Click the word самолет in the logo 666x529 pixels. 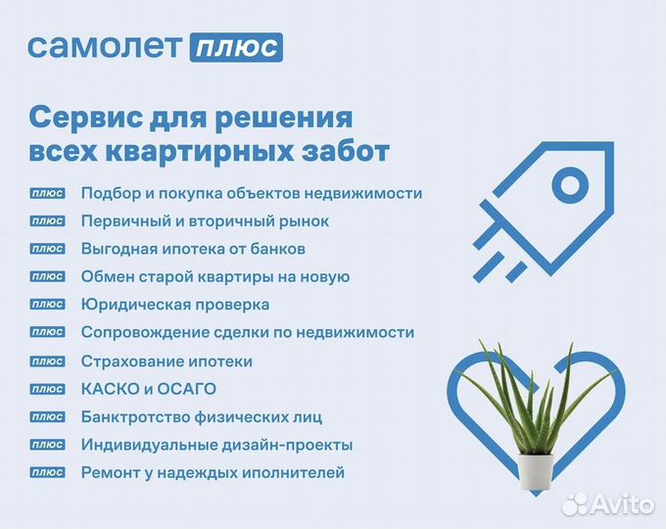click(x=103, y=46)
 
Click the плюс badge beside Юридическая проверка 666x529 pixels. click(x=48, y=305)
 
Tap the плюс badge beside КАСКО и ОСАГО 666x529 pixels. click(x=48, y=389)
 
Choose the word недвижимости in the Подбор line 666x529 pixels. click(x=366, y=193)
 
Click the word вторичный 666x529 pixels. click(x=233, y=221)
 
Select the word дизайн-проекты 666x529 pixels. click(x=291, y=445)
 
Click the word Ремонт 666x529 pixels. click(x=110, y=473)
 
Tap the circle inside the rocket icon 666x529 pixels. click(x=569, y=181)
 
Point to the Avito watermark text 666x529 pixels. click(x=627, y=504)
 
